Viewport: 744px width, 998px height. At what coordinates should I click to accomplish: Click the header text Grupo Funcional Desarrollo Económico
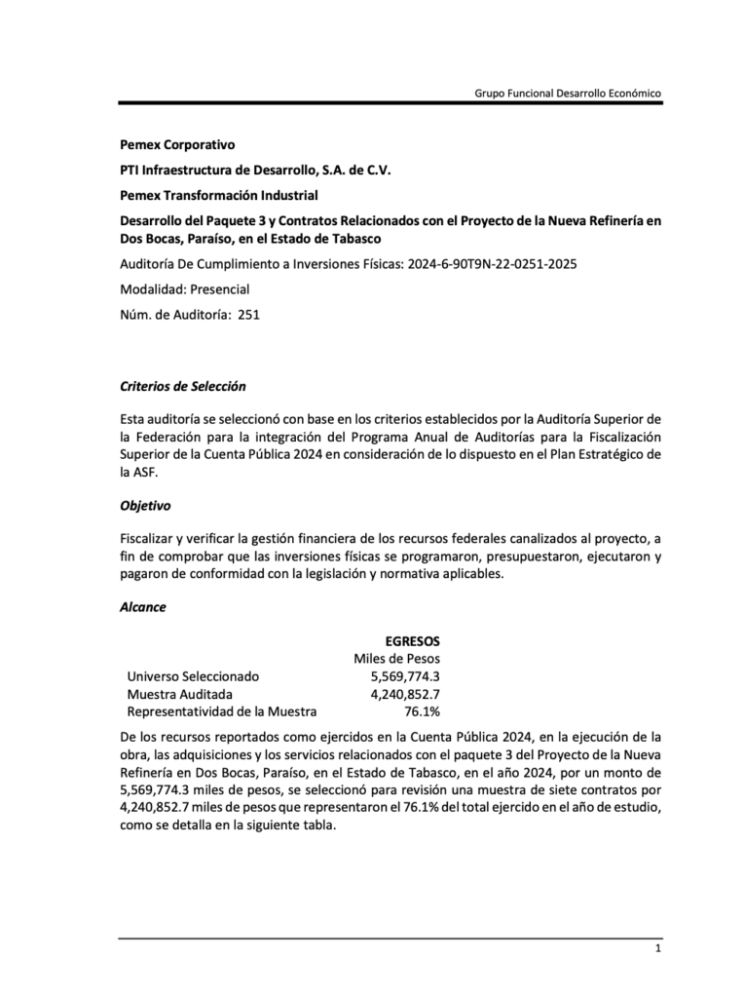[x=568, y=93]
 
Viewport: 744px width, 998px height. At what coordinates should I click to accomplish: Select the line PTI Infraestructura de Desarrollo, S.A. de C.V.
[x=255, y=170]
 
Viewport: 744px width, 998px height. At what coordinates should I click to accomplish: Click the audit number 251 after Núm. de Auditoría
[x=248, y=314]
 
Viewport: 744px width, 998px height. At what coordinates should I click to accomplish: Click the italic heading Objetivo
[x=144, y=506]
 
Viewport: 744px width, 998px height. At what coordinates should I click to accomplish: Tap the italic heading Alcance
[x=142, y=607]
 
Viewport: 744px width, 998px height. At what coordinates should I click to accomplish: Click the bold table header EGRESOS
[x=412, y=640]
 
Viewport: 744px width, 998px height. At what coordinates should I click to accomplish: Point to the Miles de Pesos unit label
[x=396, y=659]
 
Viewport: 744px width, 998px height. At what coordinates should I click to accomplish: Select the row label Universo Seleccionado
[x=194, y=676]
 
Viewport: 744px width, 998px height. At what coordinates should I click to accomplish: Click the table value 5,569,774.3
[x=405, y=676]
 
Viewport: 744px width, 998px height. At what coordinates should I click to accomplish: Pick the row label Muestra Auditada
[x=179, y=694]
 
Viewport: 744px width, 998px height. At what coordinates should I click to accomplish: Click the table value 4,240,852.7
[x=405, y=694]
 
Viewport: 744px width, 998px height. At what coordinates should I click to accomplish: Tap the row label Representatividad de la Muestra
[x=222, y=711]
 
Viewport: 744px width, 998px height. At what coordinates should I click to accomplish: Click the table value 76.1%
[x=422, y=711]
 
